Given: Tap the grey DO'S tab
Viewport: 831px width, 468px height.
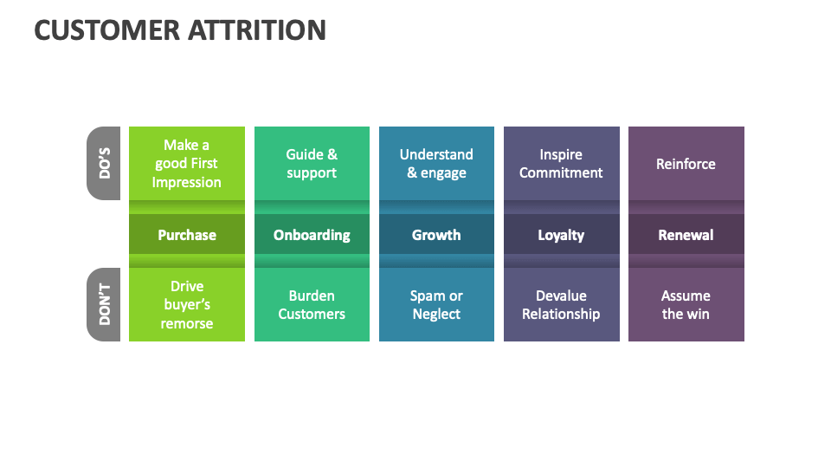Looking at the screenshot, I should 104,163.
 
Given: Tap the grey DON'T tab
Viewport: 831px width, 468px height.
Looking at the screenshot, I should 104,304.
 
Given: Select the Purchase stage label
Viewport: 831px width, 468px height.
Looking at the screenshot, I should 187,235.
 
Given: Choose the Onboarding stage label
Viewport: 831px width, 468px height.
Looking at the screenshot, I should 312,235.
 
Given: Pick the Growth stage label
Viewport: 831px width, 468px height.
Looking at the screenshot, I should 436,235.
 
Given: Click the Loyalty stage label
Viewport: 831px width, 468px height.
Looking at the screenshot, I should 561,235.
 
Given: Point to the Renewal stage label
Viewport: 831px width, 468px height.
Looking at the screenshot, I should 686,235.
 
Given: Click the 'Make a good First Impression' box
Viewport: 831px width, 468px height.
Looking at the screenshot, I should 187,164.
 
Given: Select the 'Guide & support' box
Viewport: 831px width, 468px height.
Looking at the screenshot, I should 312,164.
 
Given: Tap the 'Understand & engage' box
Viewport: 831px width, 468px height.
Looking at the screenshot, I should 436,164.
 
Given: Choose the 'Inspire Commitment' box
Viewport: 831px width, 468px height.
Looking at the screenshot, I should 561,164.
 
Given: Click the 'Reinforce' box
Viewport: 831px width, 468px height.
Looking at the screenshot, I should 686,164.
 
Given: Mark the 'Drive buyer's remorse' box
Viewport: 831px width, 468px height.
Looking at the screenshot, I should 187,304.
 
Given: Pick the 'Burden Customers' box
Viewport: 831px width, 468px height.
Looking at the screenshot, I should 312,304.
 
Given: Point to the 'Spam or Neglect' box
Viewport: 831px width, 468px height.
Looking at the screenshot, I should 436,304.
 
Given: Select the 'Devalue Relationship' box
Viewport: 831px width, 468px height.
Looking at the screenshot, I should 561,304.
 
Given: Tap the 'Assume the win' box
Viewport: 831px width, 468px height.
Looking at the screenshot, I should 686,304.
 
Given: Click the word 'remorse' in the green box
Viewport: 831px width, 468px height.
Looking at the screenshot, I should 187,323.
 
